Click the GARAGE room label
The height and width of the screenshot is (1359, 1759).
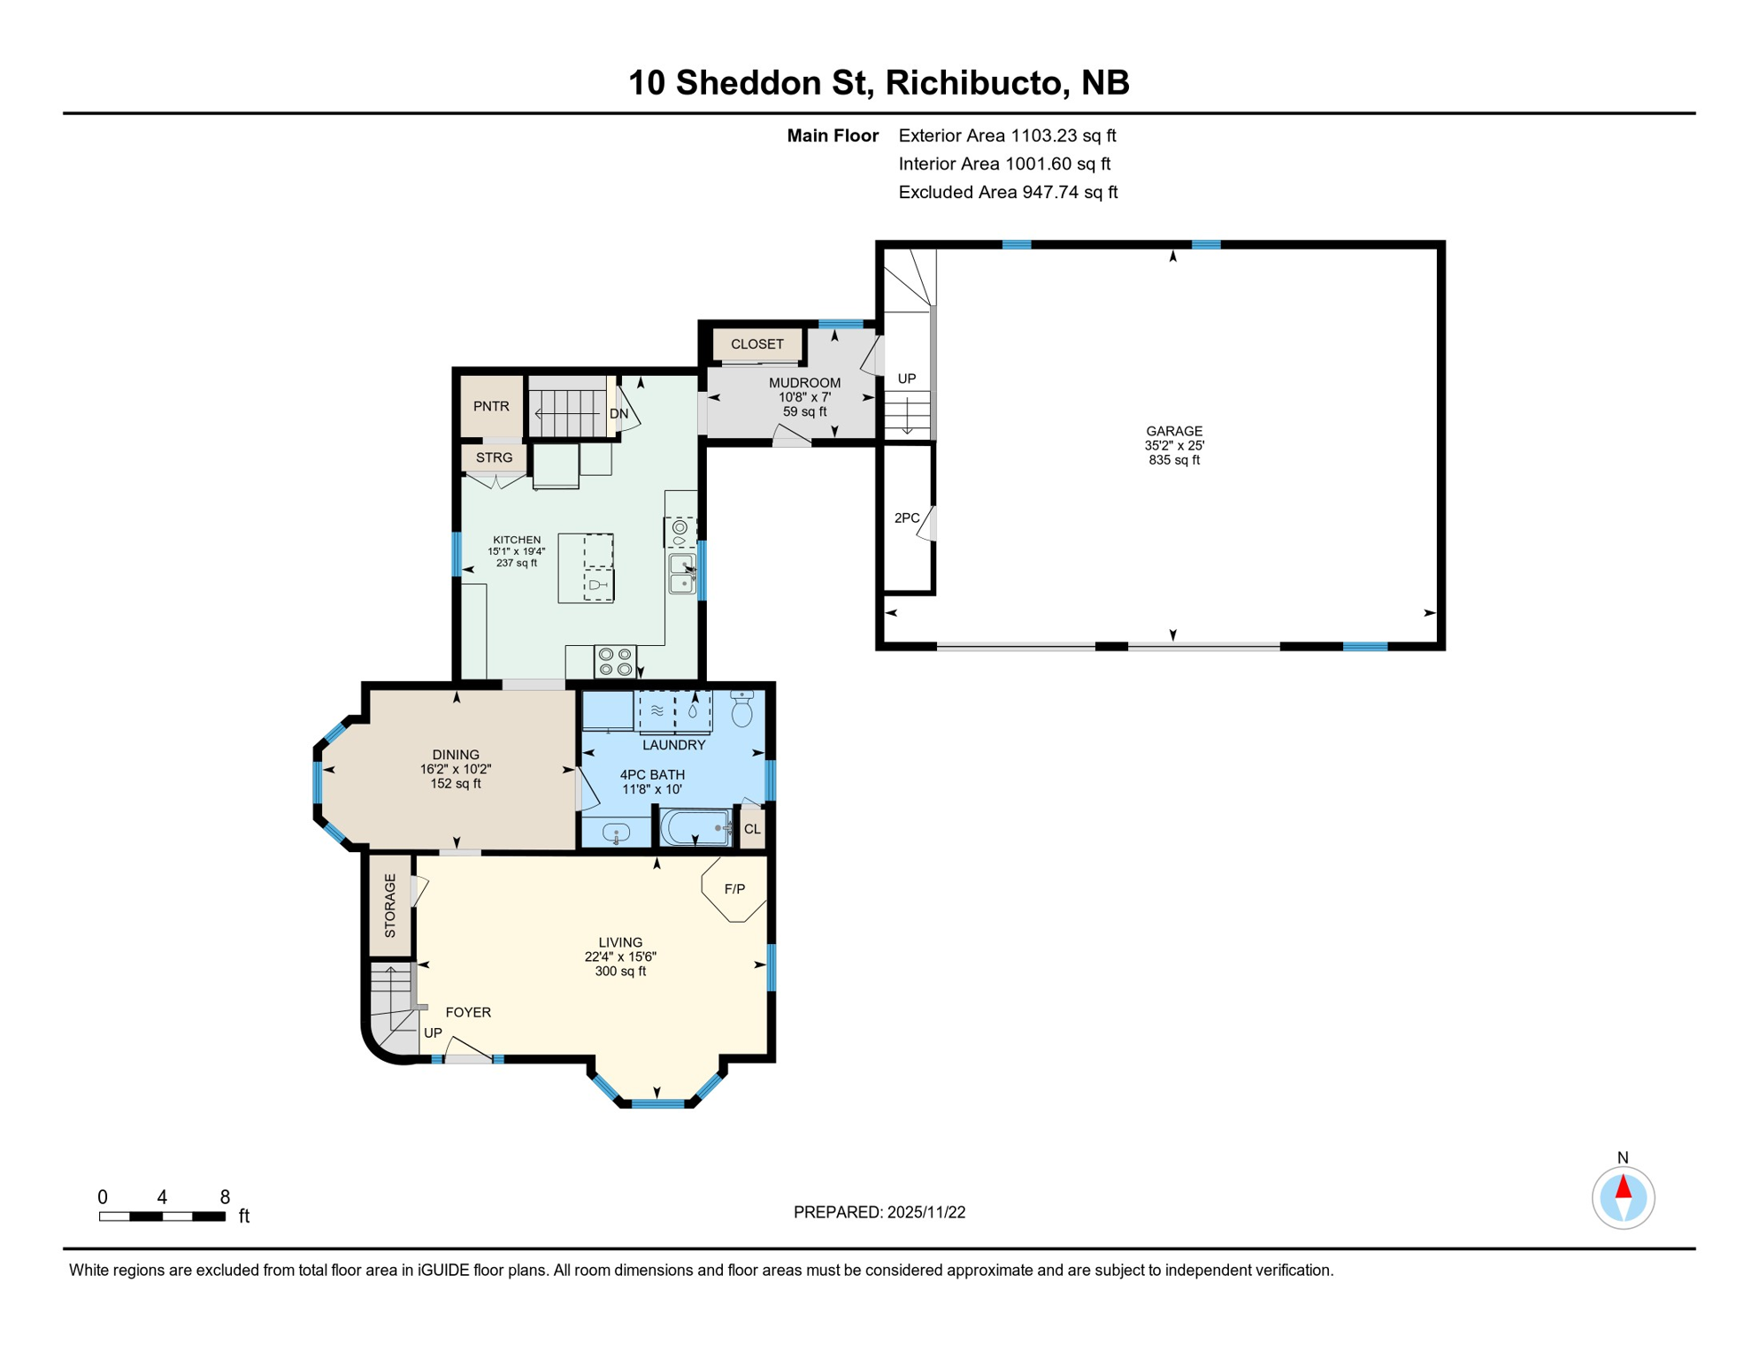(x=1174, y=431)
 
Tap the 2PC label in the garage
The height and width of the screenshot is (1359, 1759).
(x=907, y=518)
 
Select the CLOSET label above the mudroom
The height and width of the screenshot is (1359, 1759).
(x=757, y=344)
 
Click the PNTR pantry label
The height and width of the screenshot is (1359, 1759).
(x=491, y=406)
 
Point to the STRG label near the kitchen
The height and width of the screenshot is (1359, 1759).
(x=494, y=457)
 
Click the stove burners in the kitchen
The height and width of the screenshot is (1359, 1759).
(x=615, y=662)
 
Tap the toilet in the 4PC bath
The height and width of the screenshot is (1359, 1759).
(x=742, y=709)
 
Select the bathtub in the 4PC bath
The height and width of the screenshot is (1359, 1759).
(x=695, y=828)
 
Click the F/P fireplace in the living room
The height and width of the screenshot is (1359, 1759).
(x=734, y=889)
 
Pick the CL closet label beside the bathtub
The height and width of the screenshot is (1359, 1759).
(x=752, y=829)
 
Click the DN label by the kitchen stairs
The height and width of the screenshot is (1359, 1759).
(x=618, y=414)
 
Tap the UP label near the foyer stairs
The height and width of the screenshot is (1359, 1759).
(x=433, y=1033)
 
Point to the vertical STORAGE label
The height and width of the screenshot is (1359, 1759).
(x=390, y=905)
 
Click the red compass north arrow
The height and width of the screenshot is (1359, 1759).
(x=1623, y=1187)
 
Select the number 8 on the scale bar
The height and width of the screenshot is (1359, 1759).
(x=225, y=1197)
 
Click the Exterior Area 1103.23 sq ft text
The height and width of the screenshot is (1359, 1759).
(x=1007, y=135)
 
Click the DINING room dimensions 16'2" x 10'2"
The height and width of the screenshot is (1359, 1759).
(x=456, y=770)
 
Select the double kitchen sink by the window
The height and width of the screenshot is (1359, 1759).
(x=682, y=573)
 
